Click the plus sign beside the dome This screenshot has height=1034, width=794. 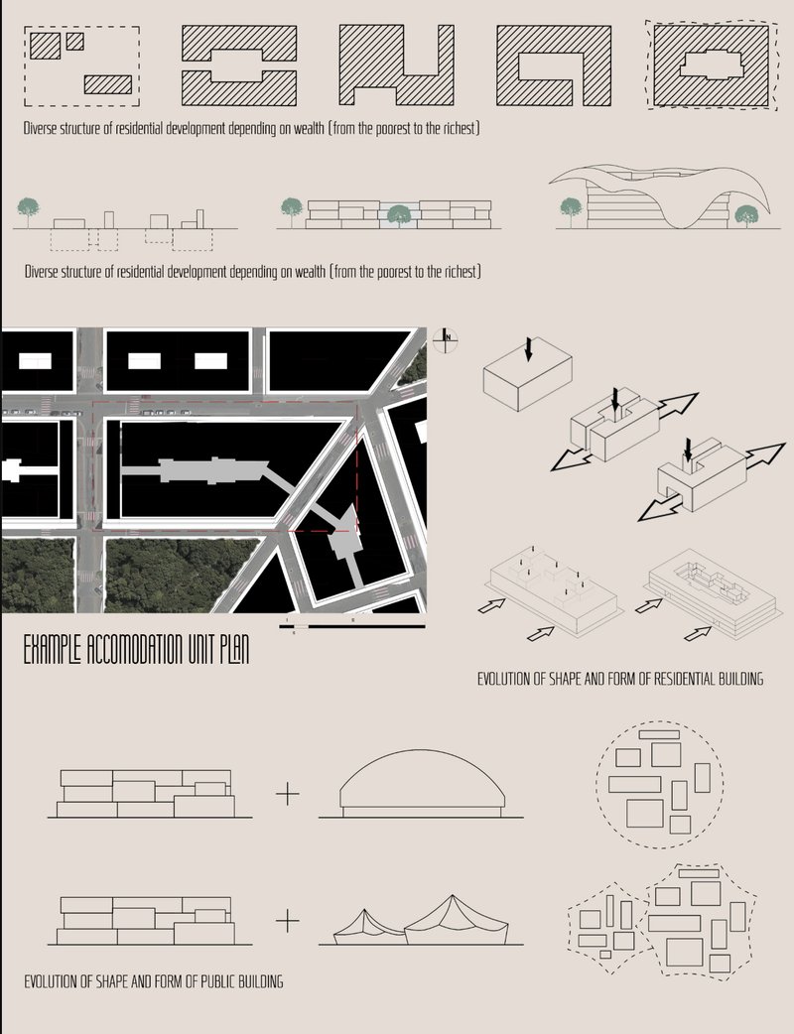pos(287,794)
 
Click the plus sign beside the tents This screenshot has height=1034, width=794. pos(287,921)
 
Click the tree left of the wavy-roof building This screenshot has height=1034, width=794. pos(570,207)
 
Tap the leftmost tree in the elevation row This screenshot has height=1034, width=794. pos(30,207)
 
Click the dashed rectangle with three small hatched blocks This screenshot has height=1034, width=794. pos(81,65)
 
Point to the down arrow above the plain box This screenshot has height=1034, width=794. pos(528,348)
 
